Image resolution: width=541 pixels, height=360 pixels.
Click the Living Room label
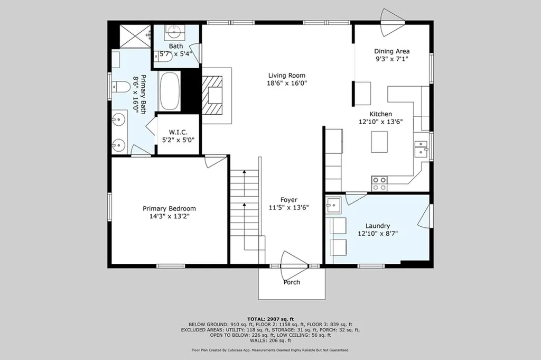click(286, 76)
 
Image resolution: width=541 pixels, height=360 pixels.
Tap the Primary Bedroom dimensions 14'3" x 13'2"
click(169, 216)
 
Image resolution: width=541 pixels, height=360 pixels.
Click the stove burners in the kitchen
click(379, 183)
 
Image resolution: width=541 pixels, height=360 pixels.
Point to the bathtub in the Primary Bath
click(170, 91)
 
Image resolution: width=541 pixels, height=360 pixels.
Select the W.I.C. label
click(178, 132)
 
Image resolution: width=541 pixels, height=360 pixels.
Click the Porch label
click(292, 282)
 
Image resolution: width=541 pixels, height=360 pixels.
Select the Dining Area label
click(392, 51)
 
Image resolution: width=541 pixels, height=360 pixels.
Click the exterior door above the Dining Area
click(393, 17)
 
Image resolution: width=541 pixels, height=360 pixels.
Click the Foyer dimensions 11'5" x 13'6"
click(288, 208)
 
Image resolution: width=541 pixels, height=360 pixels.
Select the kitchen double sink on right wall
click(421, 149)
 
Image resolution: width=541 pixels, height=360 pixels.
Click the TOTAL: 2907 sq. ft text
click(270, 319)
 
